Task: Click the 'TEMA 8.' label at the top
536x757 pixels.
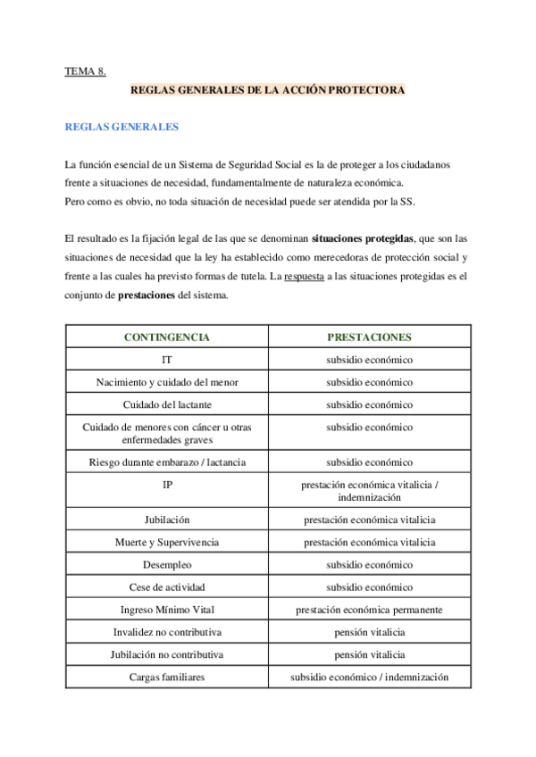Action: pos(86,71)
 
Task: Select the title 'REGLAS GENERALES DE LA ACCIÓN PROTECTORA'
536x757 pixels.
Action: pos(268,91)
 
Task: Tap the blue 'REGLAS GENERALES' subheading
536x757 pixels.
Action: pos(121,127)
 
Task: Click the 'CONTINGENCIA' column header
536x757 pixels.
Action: pos(167,337)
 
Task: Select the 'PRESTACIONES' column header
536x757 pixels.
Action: pos(369,337)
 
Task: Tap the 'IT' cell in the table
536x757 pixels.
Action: pos(167,360)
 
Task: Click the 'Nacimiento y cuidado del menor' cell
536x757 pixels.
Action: pos(167,382)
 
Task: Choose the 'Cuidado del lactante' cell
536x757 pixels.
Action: pos(167,404)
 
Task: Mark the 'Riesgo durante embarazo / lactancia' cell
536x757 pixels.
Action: pos(167,462)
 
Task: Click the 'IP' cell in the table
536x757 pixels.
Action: pos(167,485)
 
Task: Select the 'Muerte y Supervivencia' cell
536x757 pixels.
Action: pos(167,542)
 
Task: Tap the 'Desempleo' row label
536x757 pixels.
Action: pos(167,564)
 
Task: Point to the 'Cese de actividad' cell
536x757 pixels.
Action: pos(167,587)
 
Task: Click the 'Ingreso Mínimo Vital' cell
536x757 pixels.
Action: pos(167,610)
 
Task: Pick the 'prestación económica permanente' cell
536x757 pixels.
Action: pos(369,610)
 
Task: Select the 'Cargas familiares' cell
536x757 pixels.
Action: pos(167,677)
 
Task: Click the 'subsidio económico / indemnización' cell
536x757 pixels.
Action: pos(369,677)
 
